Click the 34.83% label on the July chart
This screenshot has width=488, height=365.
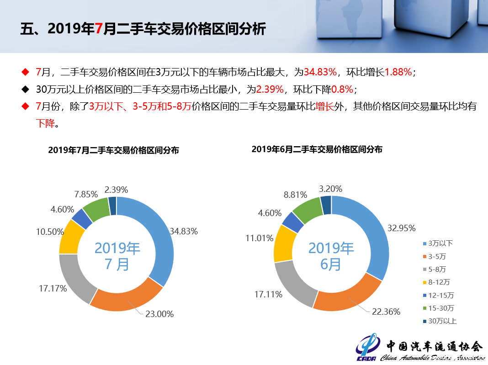[x=184, y=231]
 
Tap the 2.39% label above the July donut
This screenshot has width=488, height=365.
[x=116, y=190]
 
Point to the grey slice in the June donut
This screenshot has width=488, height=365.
[x=292, y=286]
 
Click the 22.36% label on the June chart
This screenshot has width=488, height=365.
[x=386, y=312]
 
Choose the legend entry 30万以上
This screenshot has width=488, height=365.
[x=440, y=321]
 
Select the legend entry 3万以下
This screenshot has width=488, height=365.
[x=438, y=243]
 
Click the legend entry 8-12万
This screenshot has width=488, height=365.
[x=436, y=282]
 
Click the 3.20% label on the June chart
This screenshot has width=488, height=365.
[x=330, y=189]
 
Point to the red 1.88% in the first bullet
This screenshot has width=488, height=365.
[x=398, y=72]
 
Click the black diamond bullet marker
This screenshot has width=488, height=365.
[x=26, y=89]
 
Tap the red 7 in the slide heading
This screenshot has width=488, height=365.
[x=98, y=29]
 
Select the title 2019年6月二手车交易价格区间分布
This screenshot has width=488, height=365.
[x=317, y=149]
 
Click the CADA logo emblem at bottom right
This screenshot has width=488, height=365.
[x=367, y=347]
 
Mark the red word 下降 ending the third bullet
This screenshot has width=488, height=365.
[x=45, y=123]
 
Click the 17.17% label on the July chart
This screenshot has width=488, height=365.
[x=53, y=288]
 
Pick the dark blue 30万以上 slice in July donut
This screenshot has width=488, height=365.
[x=112, y=206]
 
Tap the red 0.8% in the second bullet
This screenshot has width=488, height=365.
[x=342, y=89]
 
